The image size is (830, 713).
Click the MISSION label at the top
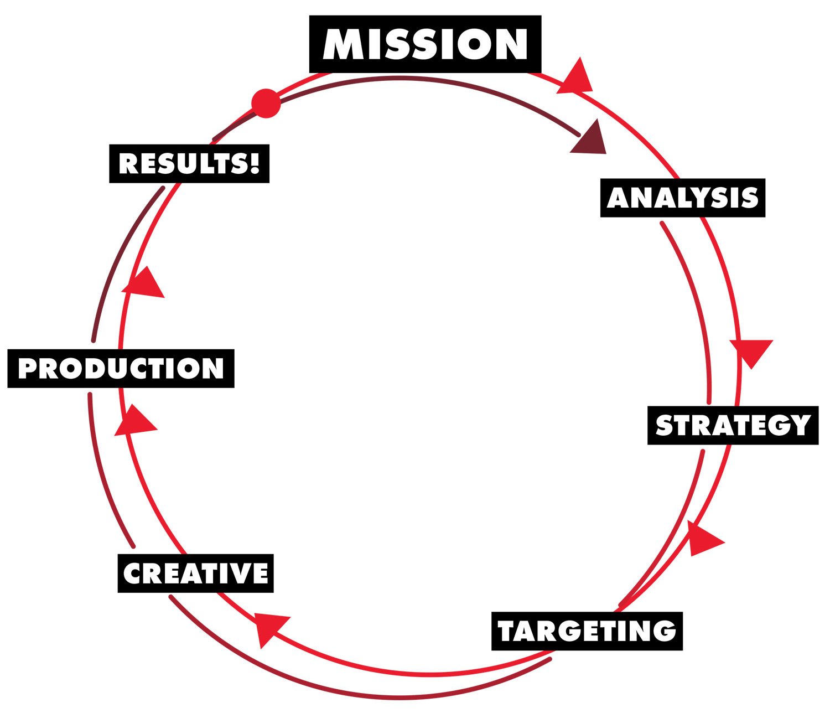click(425, 44)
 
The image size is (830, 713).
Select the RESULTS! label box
click(189, 164)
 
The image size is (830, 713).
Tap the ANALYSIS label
click(682, 198)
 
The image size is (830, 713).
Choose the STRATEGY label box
click(733, 425)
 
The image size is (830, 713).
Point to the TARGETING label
click(587, 631)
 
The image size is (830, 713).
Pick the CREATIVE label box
click(195, 573)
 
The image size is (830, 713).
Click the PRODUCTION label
click(121, 369)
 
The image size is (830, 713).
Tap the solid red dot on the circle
click(266, 103)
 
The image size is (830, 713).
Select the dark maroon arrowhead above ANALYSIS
click(590, 138)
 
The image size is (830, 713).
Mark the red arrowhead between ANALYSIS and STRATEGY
click(751, 351)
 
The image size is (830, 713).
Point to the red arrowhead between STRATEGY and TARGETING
click(703, 538)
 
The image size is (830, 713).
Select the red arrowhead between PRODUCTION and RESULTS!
click(145, 284)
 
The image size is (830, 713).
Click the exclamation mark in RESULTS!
click(255, 163)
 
